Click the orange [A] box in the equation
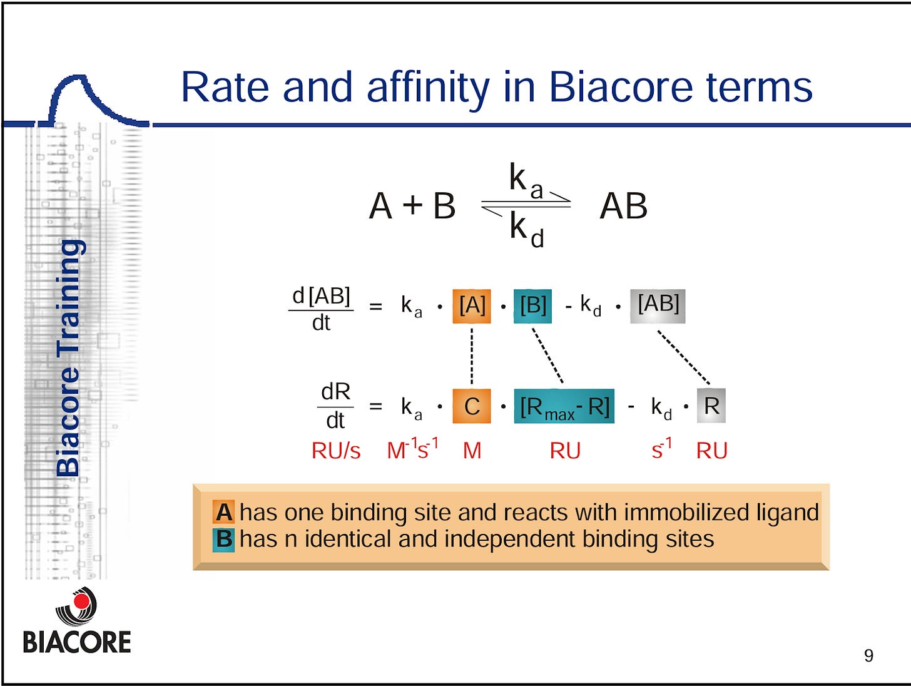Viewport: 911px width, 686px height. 472,306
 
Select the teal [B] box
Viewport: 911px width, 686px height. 533,306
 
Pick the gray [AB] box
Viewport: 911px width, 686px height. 658,306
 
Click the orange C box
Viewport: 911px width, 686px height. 472,406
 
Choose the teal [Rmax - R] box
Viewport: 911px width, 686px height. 564,406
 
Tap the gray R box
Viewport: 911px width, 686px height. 711,406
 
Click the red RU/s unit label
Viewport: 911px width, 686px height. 336,451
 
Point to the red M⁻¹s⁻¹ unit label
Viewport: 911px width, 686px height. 412,449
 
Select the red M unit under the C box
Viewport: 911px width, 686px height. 472,451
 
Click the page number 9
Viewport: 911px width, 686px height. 868,656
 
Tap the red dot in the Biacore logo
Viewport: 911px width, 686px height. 81,600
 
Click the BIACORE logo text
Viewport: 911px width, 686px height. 77,642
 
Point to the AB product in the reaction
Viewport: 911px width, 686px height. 623,206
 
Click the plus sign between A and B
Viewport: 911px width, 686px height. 412,205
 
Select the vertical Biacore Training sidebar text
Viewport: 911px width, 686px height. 68,358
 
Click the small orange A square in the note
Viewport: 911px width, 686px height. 224,512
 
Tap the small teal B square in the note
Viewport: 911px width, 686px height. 224,540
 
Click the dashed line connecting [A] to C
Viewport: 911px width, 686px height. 472,356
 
